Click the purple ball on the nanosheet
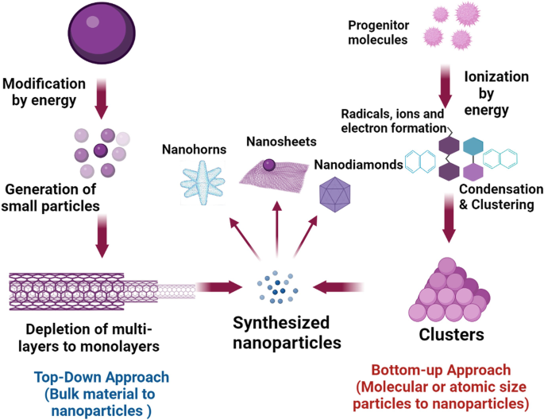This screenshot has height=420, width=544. tap(269, 165)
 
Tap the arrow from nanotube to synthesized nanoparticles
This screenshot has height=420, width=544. tap(220, 284)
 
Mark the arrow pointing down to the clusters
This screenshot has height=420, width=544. tap(449, 225)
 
